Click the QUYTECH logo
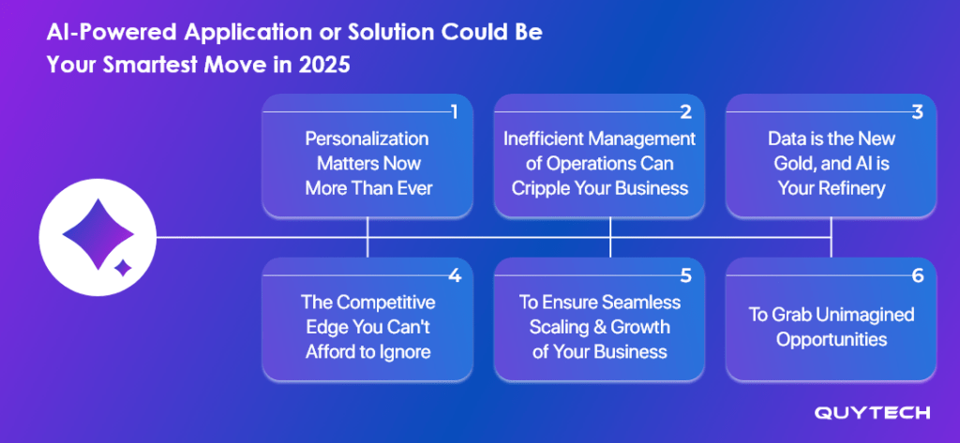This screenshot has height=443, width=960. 872,413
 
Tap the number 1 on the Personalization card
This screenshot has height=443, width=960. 455,112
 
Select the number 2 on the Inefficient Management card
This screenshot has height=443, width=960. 685,112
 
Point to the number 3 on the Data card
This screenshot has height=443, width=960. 917,112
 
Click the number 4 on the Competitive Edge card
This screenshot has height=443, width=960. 455,276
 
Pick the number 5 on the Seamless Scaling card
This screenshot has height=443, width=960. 685,276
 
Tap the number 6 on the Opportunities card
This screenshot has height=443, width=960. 917,276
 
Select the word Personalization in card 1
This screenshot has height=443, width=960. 367,139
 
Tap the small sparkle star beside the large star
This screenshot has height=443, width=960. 124,267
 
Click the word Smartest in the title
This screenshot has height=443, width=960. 149,65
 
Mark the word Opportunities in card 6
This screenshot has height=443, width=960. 832,340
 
